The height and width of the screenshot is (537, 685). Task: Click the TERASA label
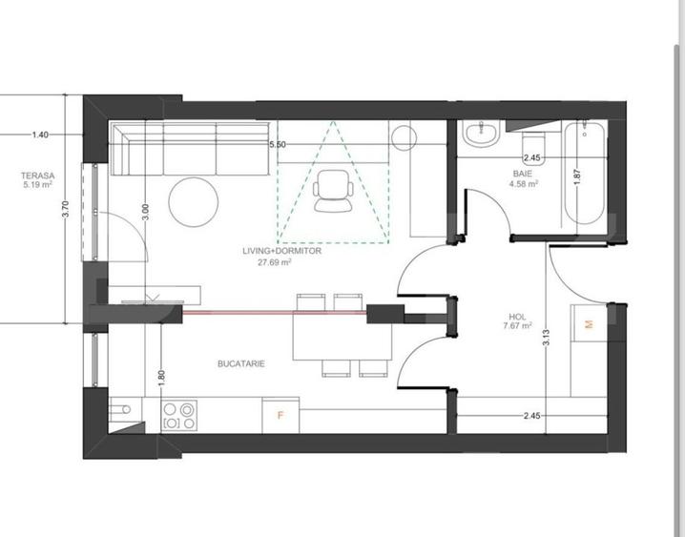click(x=37, y=176)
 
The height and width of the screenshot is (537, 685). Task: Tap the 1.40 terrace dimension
click(x=40, y=134)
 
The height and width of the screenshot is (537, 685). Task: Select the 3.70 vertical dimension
click(x=66, y=209)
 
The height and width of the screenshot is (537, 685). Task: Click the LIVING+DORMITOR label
click(x=281, y=251)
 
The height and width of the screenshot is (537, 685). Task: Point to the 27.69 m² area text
click(x=275, y=262)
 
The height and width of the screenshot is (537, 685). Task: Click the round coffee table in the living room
click(x=193, y=201)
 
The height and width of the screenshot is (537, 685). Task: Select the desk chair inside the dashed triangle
click(x=333, y=191)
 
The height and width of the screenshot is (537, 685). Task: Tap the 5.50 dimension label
click(x=278, y=145)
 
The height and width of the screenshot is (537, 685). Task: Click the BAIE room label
click(x=523, y=174)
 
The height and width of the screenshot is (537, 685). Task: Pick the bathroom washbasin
click(x=481, y=134)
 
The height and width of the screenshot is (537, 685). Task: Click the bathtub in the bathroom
click(x=585, y=174)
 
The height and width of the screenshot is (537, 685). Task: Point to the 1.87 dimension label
click(x=577, y=176)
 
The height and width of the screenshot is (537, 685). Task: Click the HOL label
click(x=518, y=317)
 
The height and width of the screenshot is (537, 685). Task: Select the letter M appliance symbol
click(x=590, y=324)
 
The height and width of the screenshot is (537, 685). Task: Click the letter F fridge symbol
click(x=280, y=415)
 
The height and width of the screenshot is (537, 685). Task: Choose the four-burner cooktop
click(x=179, y=416)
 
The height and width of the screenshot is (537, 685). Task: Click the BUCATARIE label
click(x=241, y=363)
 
